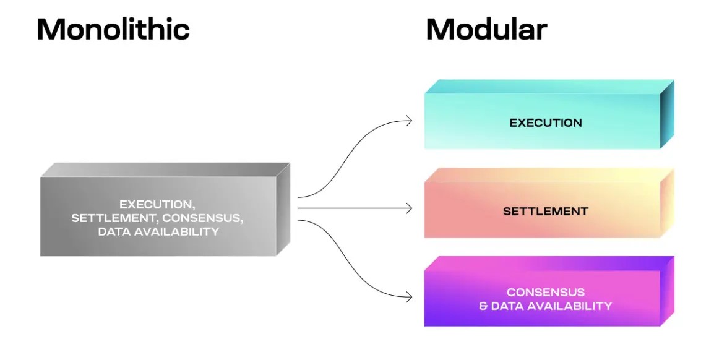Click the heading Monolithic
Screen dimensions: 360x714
pyautogui.click(x=113, y=30)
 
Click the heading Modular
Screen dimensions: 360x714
pyautogui.click(x=486, y=30)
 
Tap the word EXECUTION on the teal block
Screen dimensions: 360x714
pyautogui.click(x=546, y=122)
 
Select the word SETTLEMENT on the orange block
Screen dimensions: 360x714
pyautogui.click(x=546, y=211)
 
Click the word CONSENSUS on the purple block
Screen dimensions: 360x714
pyautogui.click(x=546, y=292)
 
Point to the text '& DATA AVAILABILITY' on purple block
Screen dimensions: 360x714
pyautogui.click(x=546, y=306)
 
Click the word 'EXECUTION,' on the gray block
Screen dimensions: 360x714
pyautogui.click(x=157, y=204)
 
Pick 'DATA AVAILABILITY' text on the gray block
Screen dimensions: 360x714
pyautogui.click(x=158, y=232)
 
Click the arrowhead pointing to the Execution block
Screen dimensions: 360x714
pyautogui.click(x=409, y=121)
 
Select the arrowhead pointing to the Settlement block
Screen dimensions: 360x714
pyautogui.click(x=409, y=209)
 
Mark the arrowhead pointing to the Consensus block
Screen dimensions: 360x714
pyautogui.click(x=409, y=298)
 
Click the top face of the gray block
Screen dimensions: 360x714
pyautogui.click(x=166, y=169)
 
